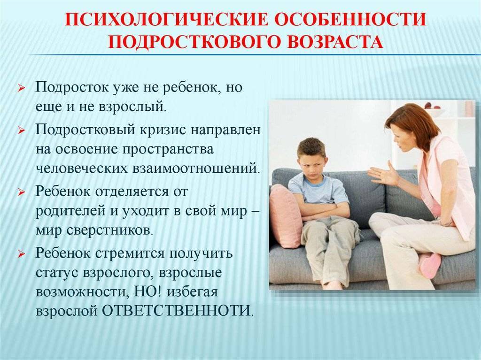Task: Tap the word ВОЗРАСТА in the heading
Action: tap(335, 42)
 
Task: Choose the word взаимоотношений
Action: tap(196, 169)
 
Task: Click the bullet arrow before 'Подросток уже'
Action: tap(22, 88)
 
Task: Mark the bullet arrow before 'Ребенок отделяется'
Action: tap(22, 192)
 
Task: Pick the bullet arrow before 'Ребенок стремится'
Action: tap(22, 254)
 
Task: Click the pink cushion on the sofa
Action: tap(286, 216)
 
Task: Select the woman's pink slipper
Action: tap(429, 265)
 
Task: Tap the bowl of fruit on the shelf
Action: tap(433, 109)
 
